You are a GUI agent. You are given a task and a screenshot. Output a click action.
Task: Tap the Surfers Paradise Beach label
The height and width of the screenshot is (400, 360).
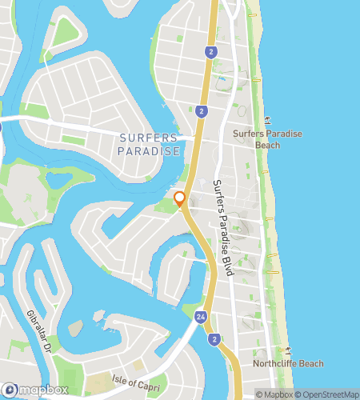pyautogui.click(x=267, y=140)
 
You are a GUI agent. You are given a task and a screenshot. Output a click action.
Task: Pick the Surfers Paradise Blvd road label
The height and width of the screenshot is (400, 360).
pyautogui.click(x=222, y=228)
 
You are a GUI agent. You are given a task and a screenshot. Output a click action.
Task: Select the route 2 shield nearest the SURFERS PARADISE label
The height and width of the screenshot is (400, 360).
pyautogui.click(x=200, y=111)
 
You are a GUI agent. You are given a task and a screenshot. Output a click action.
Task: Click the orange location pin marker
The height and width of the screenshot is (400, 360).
pyautogui.click(x=180, y=198)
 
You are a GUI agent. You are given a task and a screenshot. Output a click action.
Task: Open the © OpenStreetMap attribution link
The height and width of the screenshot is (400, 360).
pyautogui.click(x=328, y=394)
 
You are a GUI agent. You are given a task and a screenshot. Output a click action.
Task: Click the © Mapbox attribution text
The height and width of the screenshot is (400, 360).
pyautogui.click(x=274, y=394)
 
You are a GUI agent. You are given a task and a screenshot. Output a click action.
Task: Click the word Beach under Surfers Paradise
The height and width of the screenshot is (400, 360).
pyautogui.click(x=267, y=146)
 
